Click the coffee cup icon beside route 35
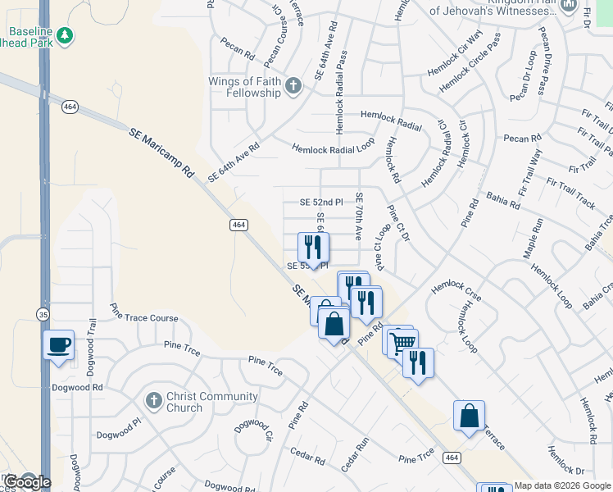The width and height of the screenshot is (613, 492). tap(58, 345)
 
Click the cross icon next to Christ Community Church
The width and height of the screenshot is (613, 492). tap(153, 401)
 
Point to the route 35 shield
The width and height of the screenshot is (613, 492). tap(42, 313)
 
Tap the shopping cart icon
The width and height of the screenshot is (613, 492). tap(402, 343)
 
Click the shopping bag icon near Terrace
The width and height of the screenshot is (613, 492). tap(469, 416)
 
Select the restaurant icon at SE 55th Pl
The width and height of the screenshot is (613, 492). tap(313, 247)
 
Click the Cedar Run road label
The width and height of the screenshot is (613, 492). tap(356, 455)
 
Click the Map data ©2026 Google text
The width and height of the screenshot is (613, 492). tap(562, 486)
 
